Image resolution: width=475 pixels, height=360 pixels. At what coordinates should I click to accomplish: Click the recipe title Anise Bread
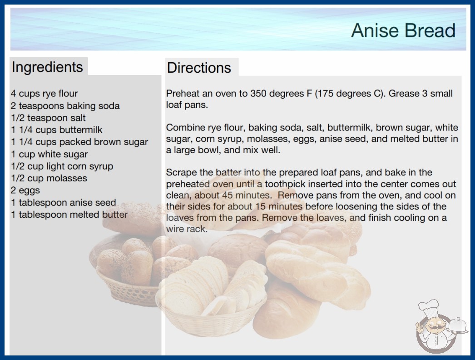(403, 30)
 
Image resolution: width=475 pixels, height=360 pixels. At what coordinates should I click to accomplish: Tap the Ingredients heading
(47, 67)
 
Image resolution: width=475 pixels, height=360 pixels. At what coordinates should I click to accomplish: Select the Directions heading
(199, 68)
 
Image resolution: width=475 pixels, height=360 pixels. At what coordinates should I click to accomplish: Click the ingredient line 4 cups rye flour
(44, 94)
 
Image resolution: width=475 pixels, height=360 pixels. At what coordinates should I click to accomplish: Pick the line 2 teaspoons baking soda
(65, 106)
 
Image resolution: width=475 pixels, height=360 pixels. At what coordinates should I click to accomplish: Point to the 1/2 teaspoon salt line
(48, 118)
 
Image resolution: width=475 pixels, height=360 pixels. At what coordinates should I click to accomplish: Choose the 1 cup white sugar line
(49, 154)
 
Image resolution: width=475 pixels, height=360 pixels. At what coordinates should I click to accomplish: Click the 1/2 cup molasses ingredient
(49, 178)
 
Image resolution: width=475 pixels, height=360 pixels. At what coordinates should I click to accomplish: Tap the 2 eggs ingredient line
(25, 190)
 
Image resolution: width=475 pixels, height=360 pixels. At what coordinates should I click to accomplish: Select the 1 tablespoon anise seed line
(63, 202)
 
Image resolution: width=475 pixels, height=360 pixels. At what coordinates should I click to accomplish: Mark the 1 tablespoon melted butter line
(69, 215)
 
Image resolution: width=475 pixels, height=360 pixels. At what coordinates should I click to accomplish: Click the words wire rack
(187, 229)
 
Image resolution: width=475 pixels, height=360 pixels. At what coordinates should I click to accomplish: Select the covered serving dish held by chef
(457, 326)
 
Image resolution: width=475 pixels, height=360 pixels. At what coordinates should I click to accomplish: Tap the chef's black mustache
(433, 328)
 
